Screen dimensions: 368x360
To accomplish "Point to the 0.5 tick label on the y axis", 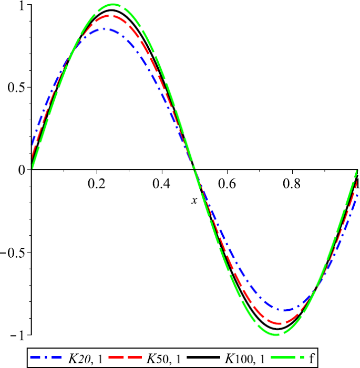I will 15,87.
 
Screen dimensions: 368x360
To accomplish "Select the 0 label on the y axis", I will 22,170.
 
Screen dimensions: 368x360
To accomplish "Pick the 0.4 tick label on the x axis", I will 162,184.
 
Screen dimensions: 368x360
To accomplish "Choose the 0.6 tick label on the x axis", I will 227,184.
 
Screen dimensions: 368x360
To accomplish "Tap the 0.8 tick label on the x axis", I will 292,184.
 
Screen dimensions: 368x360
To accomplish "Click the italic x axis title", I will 194,200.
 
